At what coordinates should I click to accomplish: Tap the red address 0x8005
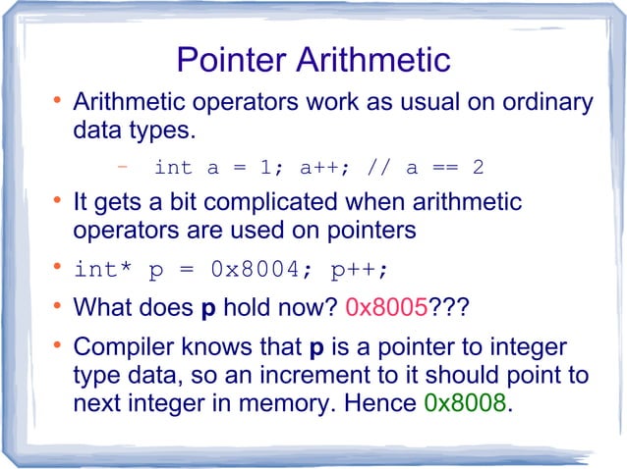[386, 309]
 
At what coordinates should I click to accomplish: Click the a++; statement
[319, 168]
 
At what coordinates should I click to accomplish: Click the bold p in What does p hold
[207, 310]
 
